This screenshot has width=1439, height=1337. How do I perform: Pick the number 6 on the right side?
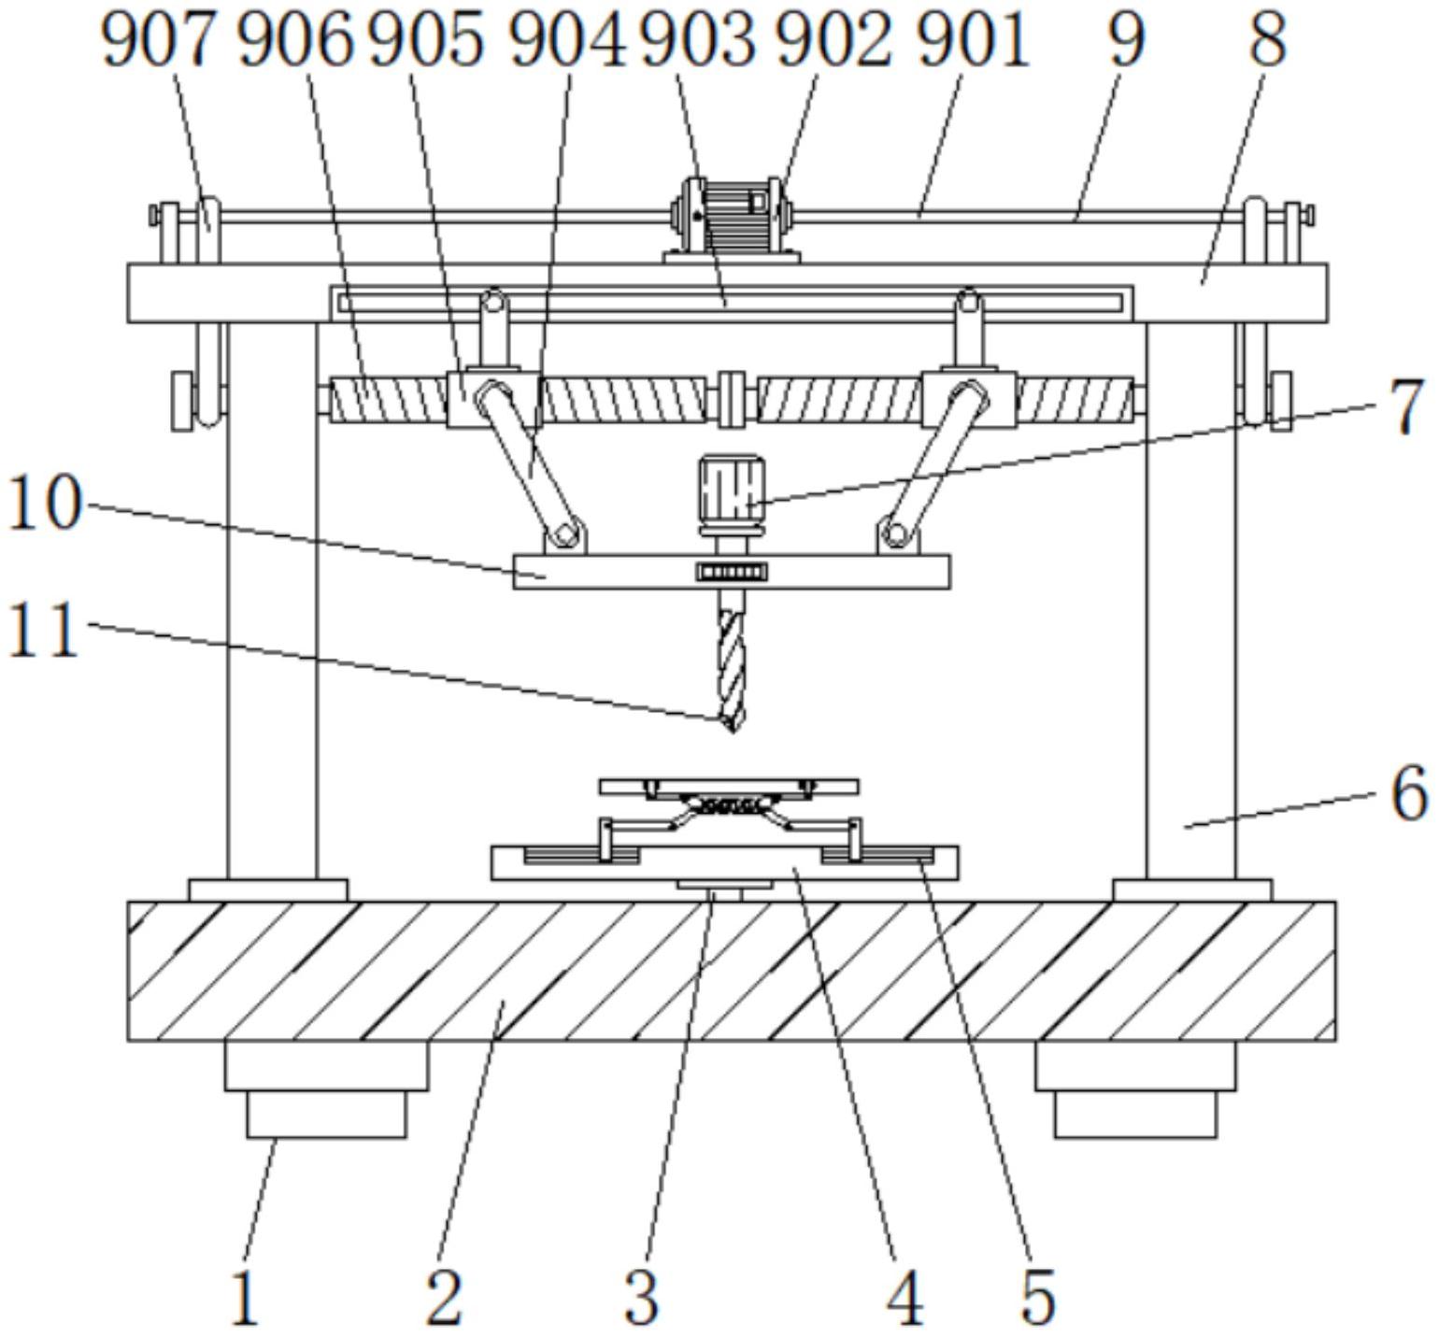tap(1408, 793)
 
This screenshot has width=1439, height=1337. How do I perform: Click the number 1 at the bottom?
tap(244, 1298)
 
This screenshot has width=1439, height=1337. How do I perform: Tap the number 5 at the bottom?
tap(1037, 1298)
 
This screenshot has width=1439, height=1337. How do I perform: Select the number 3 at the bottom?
tap(641, 1298)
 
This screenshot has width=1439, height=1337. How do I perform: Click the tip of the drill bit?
tap(732, 732)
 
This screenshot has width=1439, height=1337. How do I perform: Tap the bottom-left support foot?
tap(327, 1089)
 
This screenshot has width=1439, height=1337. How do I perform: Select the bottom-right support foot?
tap(1135, 1089)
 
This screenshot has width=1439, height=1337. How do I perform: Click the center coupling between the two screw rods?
tap(732, 399)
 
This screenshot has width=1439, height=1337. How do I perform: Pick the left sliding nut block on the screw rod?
tap(493, 399)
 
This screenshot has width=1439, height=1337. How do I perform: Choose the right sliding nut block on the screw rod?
tap(969, 399)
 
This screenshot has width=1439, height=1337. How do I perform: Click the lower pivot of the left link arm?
tap(563, 535)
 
